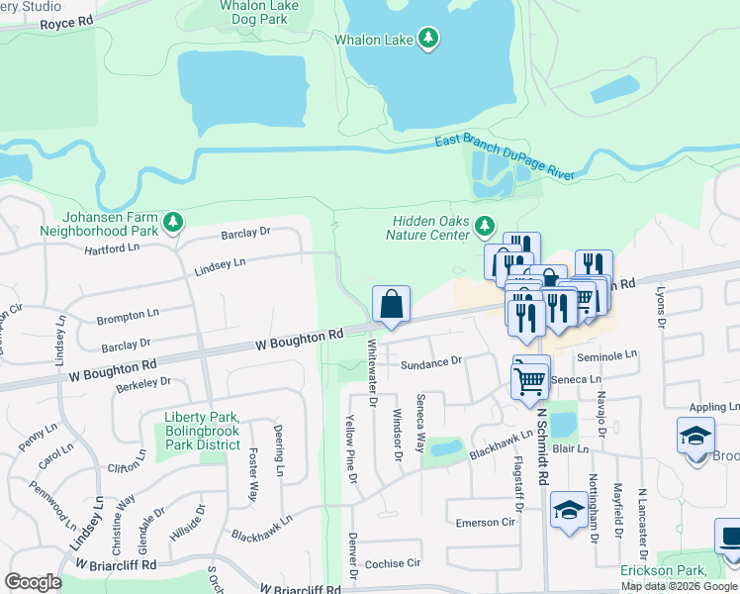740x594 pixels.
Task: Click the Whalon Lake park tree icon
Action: [428, 39]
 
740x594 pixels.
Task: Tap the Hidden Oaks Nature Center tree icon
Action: [485, 227]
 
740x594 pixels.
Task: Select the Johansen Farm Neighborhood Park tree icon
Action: [173, 222]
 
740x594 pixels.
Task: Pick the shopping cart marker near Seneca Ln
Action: [530, 379]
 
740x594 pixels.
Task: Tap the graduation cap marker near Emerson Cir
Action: [568, 510]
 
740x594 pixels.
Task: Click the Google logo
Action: [33, 582]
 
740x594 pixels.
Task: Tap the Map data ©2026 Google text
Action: [680, 586]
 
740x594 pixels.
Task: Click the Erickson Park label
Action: [678, 571]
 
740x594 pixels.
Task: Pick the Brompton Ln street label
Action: [128, 317]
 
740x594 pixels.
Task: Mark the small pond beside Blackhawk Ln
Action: [446, 448]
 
